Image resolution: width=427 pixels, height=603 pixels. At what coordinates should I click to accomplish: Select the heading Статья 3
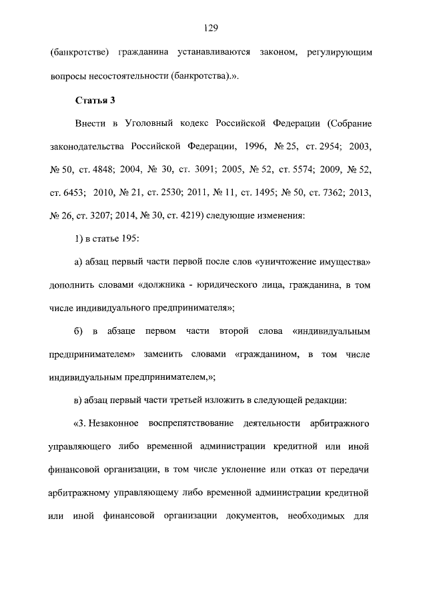(x=94, y=101)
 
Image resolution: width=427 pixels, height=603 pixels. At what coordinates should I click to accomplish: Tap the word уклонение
(x=238, y=470)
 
